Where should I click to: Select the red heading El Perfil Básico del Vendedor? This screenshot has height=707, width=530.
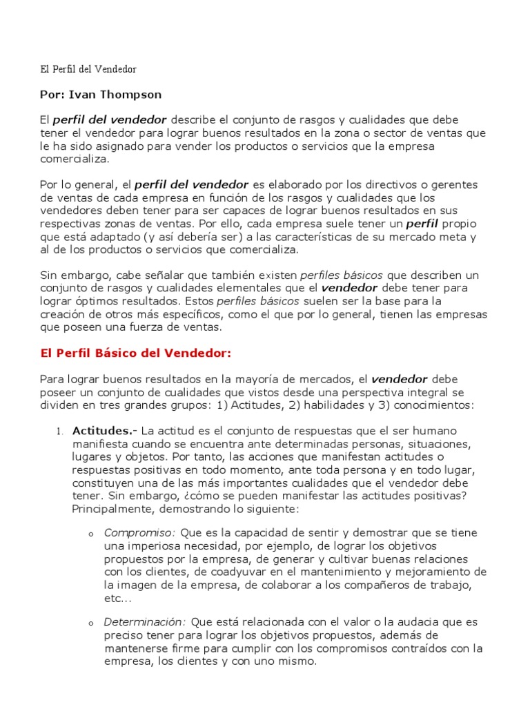click(135, 352)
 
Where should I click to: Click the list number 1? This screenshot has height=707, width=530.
click(59, 431)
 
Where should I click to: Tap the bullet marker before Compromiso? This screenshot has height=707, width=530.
click(91, 534)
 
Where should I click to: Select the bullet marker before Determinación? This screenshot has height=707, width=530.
click(91, 623)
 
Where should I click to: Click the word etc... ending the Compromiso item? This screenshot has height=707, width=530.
click(117, 599)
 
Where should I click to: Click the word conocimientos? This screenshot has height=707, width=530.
click(431, 405)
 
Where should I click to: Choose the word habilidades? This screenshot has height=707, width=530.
click(334, 405)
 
